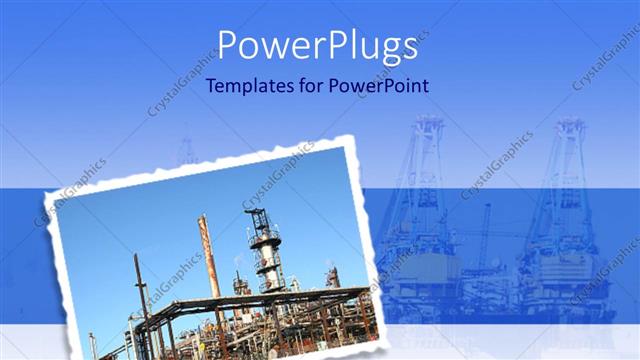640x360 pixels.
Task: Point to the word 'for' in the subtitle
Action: click(x=313, y=86)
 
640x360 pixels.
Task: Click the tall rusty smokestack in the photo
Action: click(x=209, y=257)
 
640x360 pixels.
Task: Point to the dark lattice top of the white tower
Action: click(x=258, y=221)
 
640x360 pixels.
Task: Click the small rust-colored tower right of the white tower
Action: click(x=332, y=277)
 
